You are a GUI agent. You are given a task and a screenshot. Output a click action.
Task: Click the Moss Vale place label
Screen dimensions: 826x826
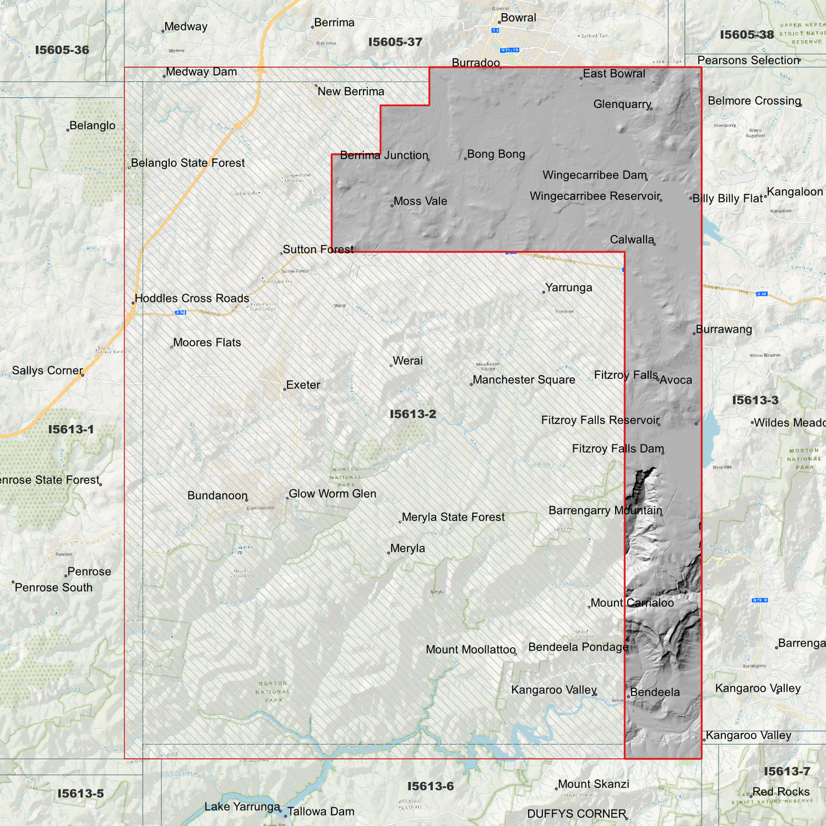click(x=420, y=201)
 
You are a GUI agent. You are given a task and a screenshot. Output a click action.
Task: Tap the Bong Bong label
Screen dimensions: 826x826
click(x=496, y=154)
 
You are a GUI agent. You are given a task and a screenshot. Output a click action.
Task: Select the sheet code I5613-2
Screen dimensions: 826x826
click(x=413, y=414)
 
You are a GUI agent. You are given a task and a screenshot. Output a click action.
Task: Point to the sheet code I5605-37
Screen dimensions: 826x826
click(x=395, y=42)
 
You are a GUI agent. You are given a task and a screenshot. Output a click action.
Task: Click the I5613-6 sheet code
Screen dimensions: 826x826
click(x=430, y=786)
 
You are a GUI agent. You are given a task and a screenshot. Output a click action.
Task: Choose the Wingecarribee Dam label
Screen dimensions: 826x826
click(x=594, y=175)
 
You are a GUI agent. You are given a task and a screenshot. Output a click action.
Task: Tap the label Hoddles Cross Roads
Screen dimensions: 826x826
click(x=191, y=298)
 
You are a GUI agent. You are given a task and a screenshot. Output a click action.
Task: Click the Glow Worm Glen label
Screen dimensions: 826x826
click(x=332, y=494)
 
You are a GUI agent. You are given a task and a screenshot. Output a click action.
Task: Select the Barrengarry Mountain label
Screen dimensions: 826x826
click(x=605, y=510)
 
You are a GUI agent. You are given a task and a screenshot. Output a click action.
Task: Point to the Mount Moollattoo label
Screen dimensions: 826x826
click(x=470, y=649)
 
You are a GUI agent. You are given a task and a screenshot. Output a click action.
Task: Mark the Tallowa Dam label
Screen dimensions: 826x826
click(x=321, y=811)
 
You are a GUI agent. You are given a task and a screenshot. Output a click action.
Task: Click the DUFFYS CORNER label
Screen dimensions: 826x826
click(x=576, y=813)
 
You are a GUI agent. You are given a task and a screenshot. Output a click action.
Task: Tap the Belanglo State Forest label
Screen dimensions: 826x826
click(x=187, y=163)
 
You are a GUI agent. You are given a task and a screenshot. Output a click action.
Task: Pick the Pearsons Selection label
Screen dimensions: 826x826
click(x=748, y=61)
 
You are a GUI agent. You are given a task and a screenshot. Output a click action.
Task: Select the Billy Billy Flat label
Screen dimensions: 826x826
click(x=727, y=199)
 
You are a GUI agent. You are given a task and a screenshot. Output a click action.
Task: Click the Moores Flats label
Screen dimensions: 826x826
click(x=206, y=342)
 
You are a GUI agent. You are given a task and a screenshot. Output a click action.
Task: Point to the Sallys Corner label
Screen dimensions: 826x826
click(x=47, y=370)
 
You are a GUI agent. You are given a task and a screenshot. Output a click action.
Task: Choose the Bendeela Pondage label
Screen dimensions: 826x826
click(x=578, y=647)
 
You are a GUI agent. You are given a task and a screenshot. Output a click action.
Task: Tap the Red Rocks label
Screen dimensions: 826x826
click(x=781, y=792)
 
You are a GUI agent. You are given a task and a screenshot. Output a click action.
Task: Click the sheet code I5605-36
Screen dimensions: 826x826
click(x=62, y=50)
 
